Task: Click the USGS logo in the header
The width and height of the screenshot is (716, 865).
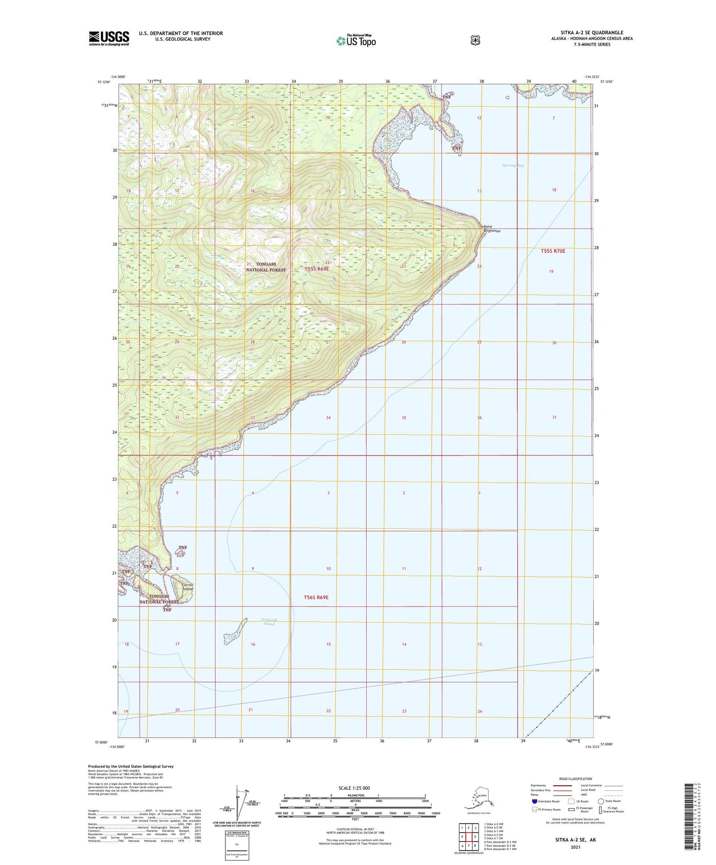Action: click(109, 38)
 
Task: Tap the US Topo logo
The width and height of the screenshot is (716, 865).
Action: click(355, 41)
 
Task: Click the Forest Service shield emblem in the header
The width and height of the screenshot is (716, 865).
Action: click(475, 40)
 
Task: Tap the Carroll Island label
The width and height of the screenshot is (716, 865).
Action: click(187, 587)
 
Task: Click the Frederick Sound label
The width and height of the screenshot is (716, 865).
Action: click(269, 622)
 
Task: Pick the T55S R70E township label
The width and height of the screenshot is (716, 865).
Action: click(552, 251)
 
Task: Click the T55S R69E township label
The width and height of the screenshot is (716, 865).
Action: click(317, 269)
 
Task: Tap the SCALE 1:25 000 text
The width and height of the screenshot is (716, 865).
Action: click(354, 788)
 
